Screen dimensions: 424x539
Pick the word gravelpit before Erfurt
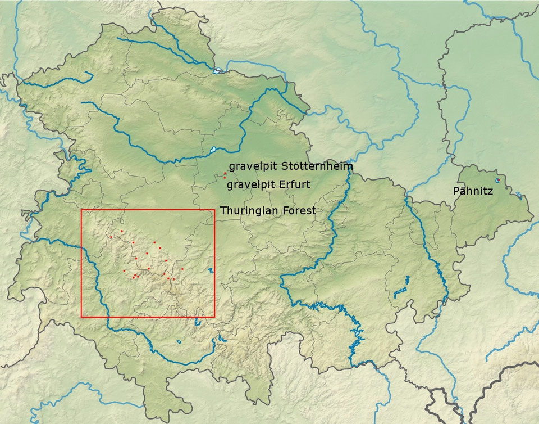coord(252,185)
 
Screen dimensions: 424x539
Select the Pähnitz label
coord(473,191)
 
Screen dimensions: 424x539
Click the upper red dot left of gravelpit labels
coord(225,173)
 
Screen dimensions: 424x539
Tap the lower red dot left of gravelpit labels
coord(223,178)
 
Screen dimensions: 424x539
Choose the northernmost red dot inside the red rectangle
coord(121,231)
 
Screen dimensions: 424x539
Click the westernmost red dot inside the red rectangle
coord(111,237)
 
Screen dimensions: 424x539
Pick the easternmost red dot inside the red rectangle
coord(182,269)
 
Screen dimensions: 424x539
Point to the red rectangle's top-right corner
coord(214,210)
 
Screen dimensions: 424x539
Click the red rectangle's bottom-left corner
coord(81,317)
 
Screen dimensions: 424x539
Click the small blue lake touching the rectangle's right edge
coord(211,270)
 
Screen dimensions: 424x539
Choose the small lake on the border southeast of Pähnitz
coord(518,195)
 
